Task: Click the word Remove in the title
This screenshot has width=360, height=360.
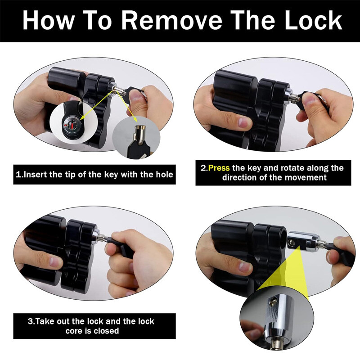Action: pos(171,20)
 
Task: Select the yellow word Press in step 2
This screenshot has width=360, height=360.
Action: pos(219,168)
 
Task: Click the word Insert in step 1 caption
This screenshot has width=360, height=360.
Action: pos(35,175)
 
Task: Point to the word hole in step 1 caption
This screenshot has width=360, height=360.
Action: pos(164,175)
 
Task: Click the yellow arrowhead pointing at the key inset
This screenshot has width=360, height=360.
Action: pos(135,119)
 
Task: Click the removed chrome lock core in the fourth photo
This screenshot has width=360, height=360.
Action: pos(303,241)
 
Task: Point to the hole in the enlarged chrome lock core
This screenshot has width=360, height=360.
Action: pos(274,300)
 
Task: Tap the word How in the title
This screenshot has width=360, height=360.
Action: pos(48,20)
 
